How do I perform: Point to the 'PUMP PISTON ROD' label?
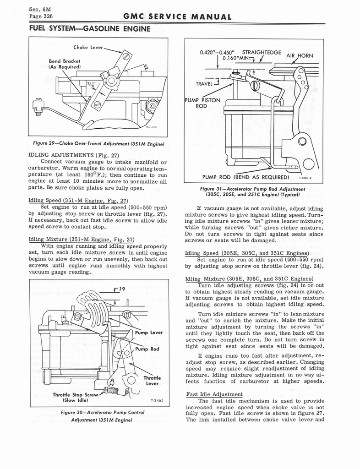(202, 103)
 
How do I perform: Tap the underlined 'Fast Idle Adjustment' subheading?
(214, 394)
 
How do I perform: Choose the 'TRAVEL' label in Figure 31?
(204, 84)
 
